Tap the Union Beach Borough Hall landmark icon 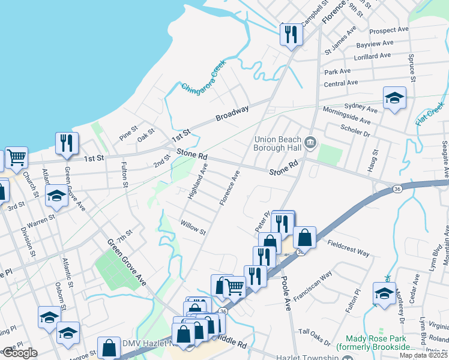(310, 142)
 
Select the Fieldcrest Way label (349, 248)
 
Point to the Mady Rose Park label (375, 343)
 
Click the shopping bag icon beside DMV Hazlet (109, 347)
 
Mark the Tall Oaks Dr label (315, 337)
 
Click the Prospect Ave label (388, 30)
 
